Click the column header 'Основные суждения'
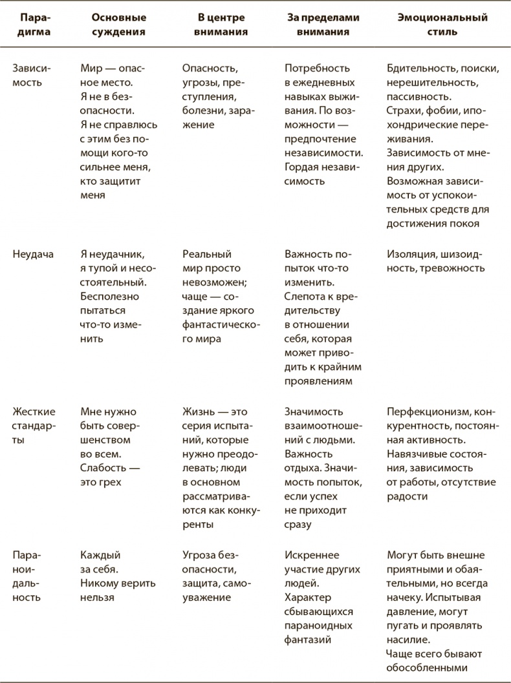click(x=119, y=24)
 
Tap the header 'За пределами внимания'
click(x=323, y=24)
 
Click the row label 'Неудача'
click(x=33, y=254)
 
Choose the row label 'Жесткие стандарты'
click(x=34, y=426)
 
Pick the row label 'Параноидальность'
click(x=27, y=576)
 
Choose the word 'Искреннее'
click(x=312, y=555)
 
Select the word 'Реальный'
click(x=207, y=254)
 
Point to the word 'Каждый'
click(x=100, y=555)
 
